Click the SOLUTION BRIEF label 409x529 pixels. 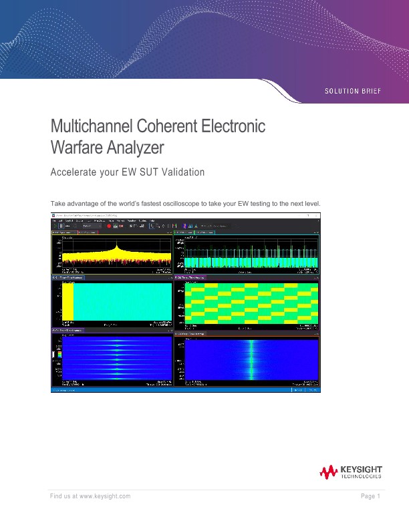pyautogui.click(x=352, y=90)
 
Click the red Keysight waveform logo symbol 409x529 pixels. pyautogui.click(x=328, y=473)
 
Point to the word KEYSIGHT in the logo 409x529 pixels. pyautogui.click(x=361, y=470)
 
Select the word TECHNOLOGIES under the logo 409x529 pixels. pyautogui.click(x=361, y=478)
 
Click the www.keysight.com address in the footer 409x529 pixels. pyautogui.click(x=104, y=496)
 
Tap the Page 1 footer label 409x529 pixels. pyautogui.click(x=370, y=496)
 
